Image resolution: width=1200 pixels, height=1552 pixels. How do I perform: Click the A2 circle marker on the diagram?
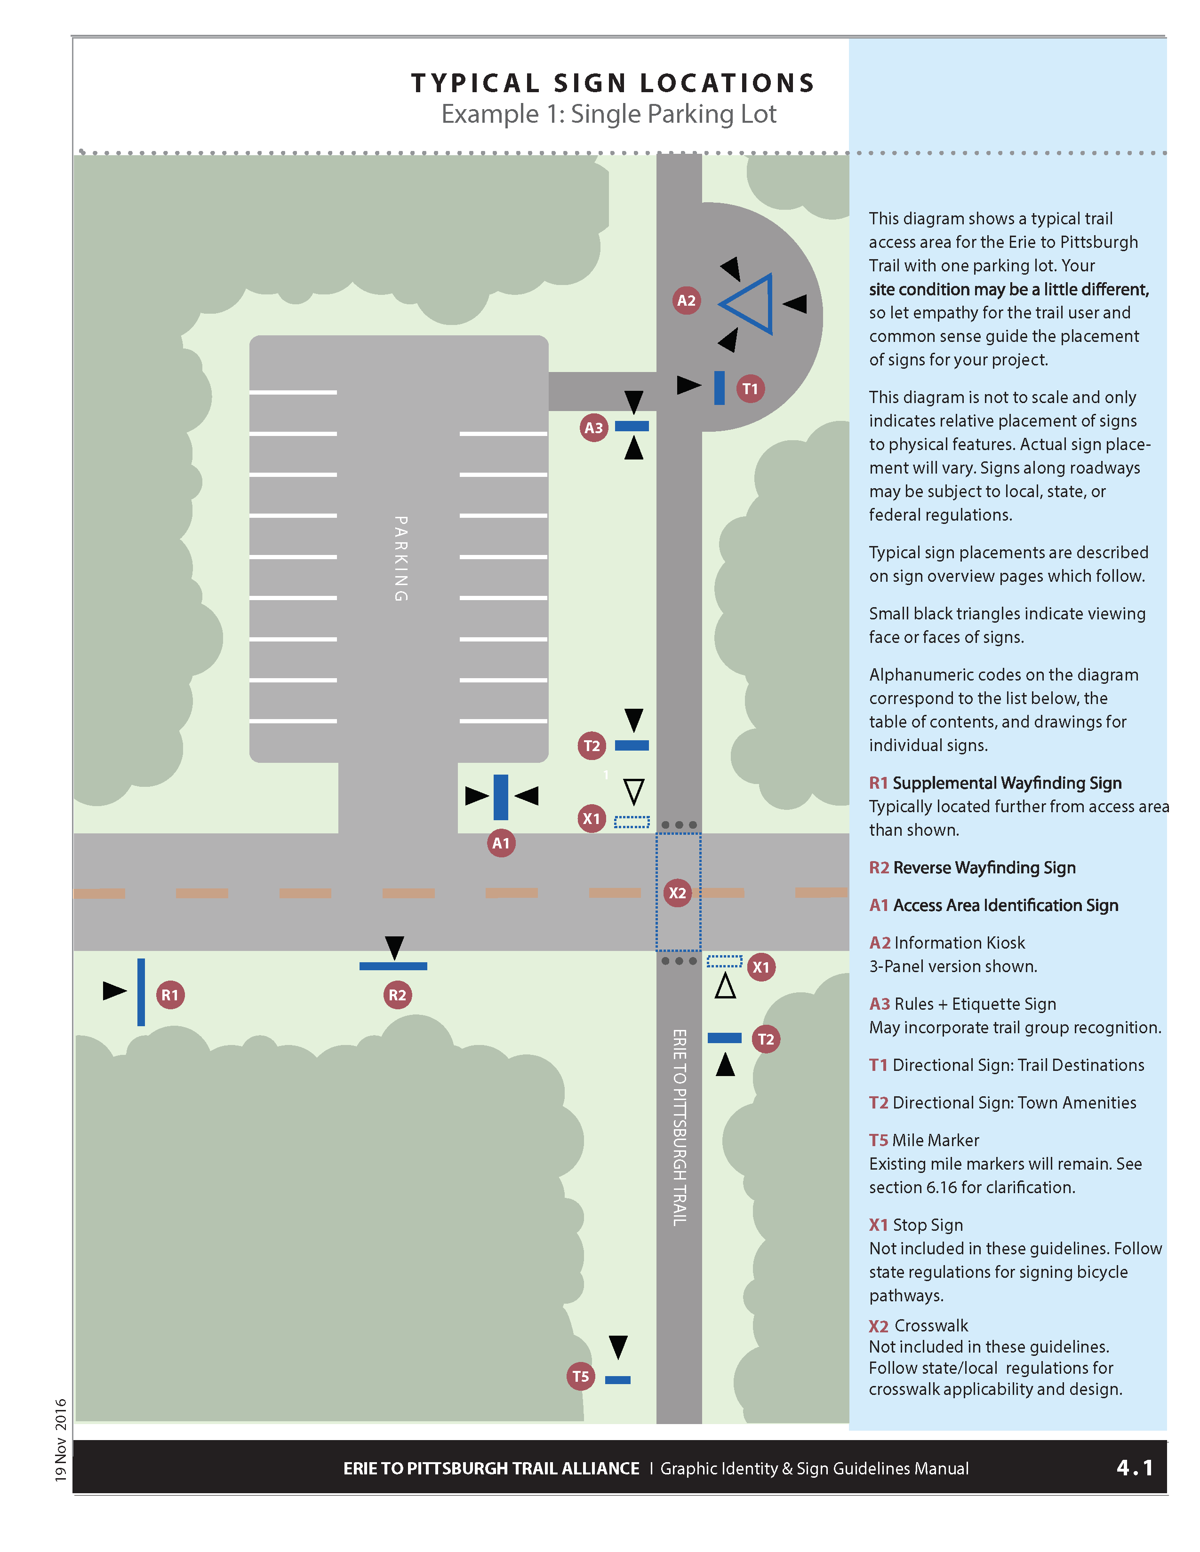tap(686, 301)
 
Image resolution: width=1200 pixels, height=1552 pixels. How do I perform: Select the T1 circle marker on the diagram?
tap(750, 389)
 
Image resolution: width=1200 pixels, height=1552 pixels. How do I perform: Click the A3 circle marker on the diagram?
tap(593, 428)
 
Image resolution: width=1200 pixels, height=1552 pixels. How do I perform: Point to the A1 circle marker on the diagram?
tap(501, 844)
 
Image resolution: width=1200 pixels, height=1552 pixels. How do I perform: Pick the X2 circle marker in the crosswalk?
tap(678, 893)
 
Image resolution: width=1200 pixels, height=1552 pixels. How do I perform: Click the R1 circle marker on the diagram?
tap(170, 995)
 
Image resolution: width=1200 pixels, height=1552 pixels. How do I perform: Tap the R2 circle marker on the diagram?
tap(397, 995)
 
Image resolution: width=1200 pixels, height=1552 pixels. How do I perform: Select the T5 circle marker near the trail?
tap(581, 1377)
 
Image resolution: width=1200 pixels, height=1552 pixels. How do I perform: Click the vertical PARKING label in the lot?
tap(401, 559)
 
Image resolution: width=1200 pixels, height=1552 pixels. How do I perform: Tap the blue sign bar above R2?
tap(393, 966)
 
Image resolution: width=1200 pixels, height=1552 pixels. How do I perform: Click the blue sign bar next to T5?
tap(618, 1380)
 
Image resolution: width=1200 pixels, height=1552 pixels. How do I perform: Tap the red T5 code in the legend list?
tap(879, 1140)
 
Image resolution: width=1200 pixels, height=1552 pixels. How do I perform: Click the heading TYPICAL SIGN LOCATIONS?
tap(613, 83)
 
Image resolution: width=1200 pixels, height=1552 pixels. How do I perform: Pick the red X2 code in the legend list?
tap(879, 1326)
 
